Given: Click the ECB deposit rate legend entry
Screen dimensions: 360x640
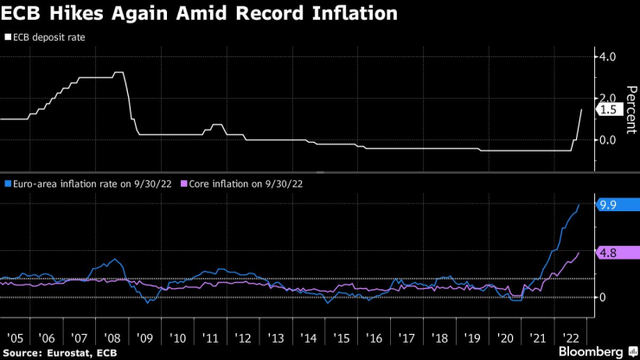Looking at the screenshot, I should pyautogui.click(x=48, y=38).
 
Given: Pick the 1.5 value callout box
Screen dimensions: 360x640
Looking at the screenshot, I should pyautogui.click(x=607, y=110).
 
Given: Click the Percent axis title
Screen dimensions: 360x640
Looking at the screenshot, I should pyautogui.click(x=631, y=108).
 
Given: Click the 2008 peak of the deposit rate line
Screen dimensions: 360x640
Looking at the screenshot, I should pyautogui.click(x=119, y=73).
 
